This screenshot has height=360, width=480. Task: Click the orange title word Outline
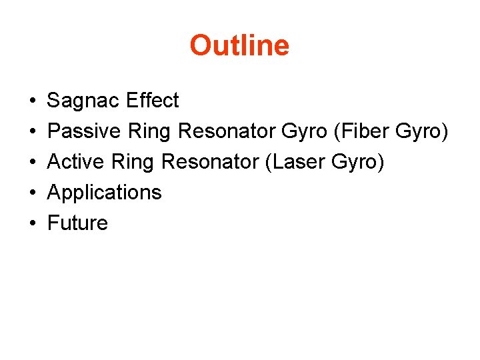pos(239,45)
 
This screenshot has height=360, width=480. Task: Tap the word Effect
pos(152,101)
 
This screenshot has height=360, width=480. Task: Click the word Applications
pos(105,193)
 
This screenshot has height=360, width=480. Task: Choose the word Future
pos(77,223)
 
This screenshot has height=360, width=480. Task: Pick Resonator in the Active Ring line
pos(212,162)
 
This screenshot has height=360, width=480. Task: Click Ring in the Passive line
pos(150,131)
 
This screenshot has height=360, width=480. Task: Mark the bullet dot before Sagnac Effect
pos(33,101)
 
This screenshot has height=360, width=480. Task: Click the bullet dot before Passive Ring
pos(33,132)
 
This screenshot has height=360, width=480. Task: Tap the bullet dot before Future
pos(33,223)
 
